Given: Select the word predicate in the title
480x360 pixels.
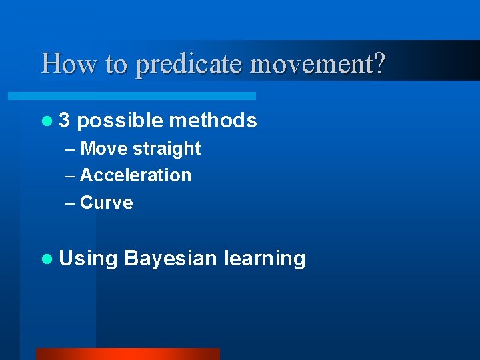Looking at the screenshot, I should (191, 65).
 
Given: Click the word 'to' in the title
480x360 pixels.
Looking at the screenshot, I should (113, 65).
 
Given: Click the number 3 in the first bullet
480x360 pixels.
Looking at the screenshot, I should (64, 120).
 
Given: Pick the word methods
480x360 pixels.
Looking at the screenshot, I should (213, 120).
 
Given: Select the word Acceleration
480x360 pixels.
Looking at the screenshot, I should (135, 175).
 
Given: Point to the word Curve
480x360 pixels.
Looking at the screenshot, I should (106, 203).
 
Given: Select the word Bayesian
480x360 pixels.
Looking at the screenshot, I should (170, 259).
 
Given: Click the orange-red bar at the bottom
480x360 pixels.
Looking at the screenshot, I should (127, 354).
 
